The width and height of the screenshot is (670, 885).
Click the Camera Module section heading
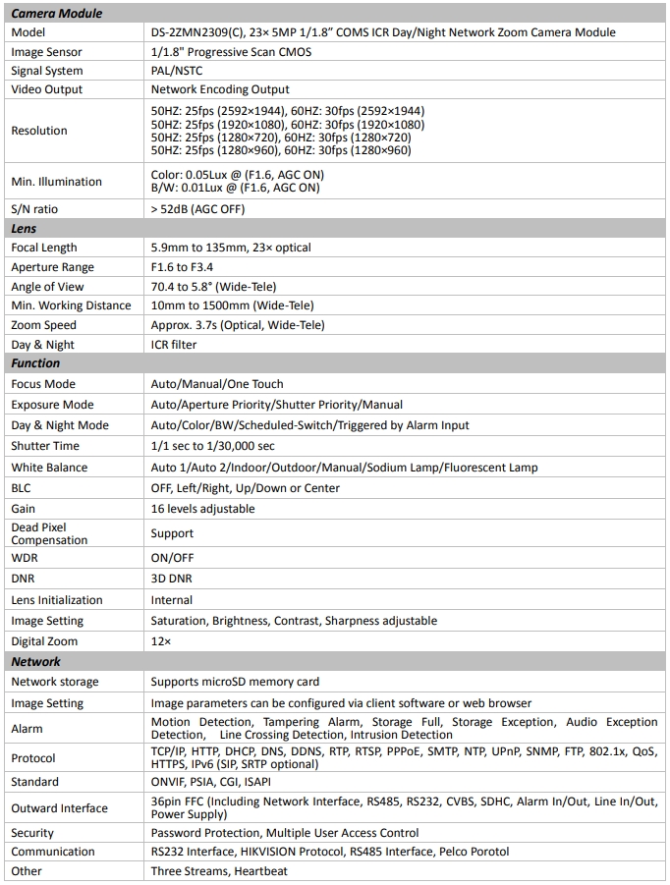click(56, 14)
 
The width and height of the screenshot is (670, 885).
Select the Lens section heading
click(24, 229)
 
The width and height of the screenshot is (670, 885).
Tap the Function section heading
click(35, 363)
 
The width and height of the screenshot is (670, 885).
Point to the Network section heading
click(35, 662)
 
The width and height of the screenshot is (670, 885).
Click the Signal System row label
click(47, 71)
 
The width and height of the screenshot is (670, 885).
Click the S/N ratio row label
click(34, 209)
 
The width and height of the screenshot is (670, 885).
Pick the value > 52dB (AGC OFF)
click(197, 209)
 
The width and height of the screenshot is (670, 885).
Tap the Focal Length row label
click(43, 248)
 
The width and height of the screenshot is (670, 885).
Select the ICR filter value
click(174, 345)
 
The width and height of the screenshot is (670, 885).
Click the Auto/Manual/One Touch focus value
click(217, 384)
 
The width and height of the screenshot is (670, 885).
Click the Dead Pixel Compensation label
click(49, 533)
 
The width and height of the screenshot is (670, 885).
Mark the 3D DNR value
click(171, 580)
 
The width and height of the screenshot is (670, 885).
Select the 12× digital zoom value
click(161, 641)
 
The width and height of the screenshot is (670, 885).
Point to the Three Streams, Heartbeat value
click(217, 871)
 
